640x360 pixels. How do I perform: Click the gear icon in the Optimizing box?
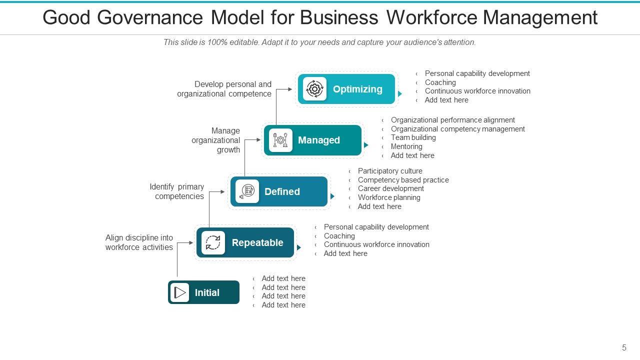click(314, 89)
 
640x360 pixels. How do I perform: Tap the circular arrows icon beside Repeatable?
click(213, 242)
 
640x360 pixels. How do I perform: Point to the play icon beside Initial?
click(180, 292)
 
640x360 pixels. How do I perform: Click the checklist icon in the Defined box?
click(247, 191)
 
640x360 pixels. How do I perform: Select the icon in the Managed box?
click(280, 140)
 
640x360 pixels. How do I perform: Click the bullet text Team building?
click(413, 137)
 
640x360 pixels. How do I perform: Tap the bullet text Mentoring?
click(406, 146)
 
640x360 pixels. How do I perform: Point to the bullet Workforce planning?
click(389, 197)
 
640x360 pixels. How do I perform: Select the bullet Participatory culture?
click(390, 171)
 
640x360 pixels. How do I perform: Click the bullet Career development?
click(390, 188)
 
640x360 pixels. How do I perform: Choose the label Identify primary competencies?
click(177, 191)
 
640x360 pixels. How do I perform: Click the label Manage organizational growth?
click(216, 140)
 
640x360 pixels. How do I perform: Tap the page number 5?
click(624, 348)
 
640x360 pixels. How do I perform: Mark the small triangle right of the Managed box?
click(366, 145)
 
